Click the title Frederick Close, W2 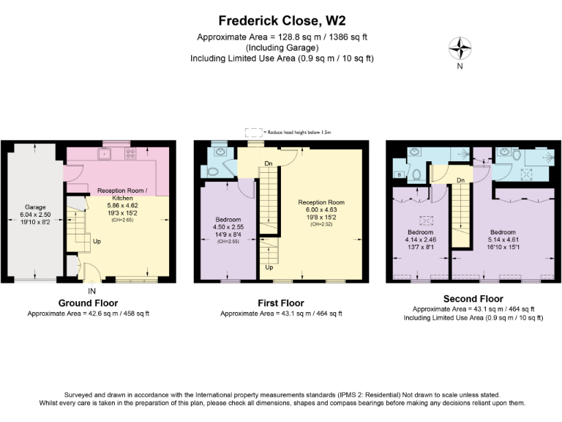[281, 21]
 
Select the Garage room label [35, 207]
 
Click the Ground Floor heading [88, 303]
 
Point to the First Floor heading [281, 303]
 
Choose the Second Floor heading [473, 299]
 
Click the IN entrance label [91, 291]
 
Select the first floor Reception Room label [321, 201]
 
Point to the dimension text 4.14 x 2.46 [420, 239]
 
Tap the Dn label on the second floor [460, 179]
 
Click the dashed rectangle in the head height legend [253, 133]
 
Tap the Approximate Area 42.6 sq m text [88, 314]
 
